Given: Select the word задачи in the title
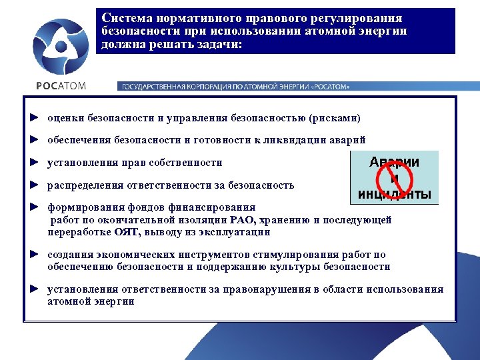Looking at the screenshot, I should pyautogui.click(x=221, y=45).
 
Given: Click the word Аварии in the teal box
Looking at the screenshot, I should pyautogui.click(x=395, y=162).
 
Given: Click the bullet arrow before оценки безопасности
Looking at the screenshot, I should pyautogui.click(x=34, y=118).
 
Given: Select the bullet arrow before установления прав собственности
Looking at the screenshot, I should pyautogui.click(x=34, y=162).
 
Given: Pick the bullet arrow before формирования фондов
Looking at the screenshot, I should pyautogui.click(x=34, y=207).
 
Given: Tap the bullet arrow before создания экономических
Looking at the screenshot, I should pyautogui.click(x=34, y=255).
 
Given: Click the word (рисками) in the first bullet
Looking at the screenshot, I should pyautogui.click(x=335, y=118).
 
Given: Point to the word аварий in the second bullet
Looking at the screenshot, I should pyautogui.click(x=348, y=140).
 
